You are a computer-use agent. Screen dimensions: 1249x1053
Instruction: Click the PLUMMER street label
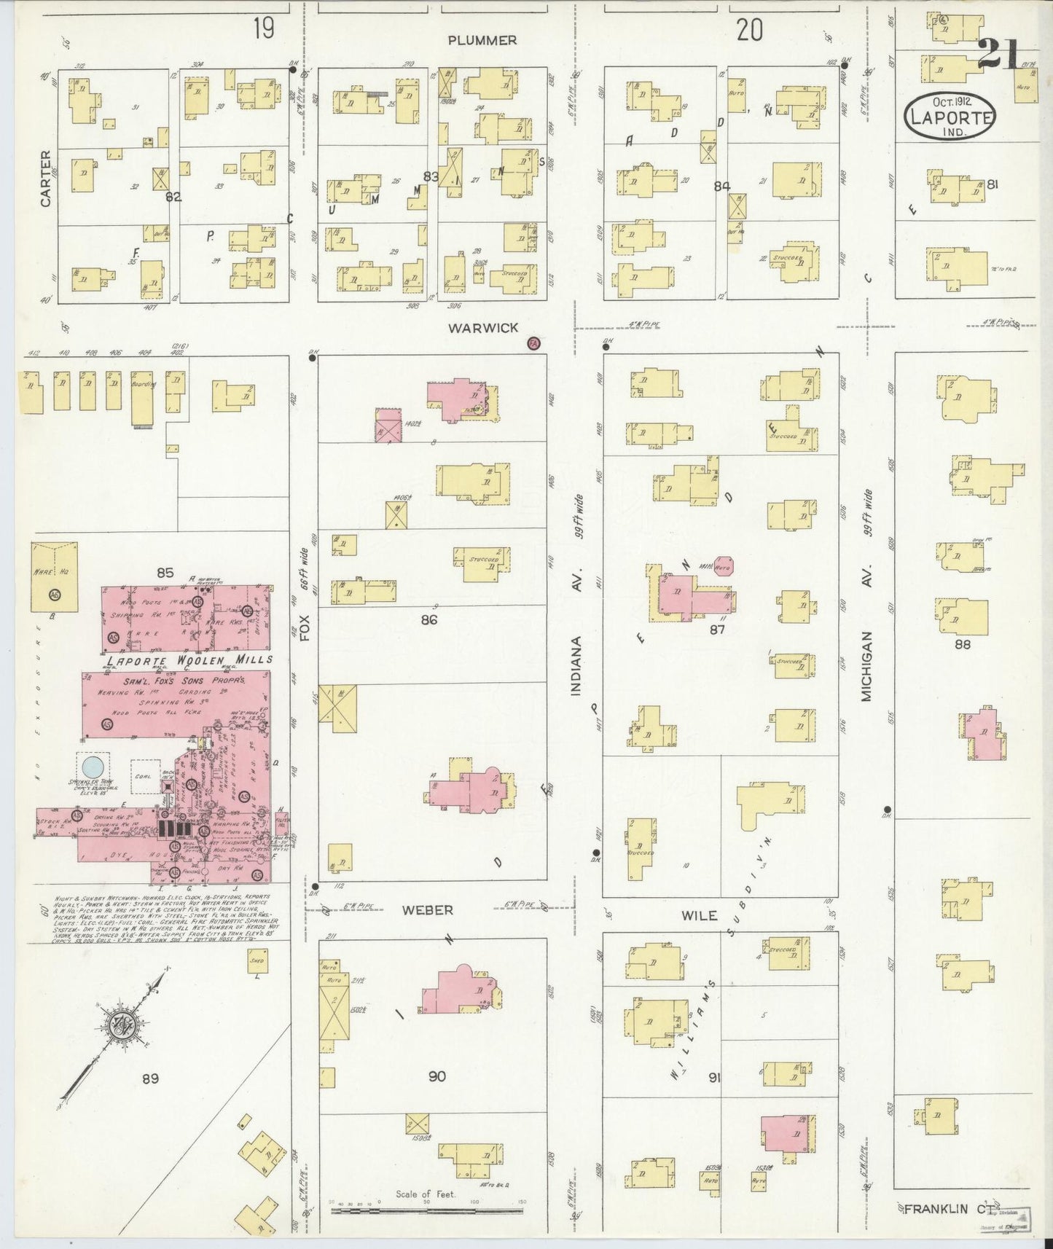point(482,40)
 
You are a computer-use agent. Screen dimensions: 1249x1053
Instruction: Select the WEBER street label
point(428,910)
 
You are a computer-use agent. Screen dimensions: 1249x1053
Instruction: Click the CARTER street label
point(46,179)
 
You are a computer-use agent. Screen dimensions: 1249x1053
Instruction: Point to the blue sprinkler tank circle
point(93,767)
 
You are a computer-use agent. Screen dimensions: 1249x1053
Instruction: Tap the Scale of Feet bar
point(426,1210)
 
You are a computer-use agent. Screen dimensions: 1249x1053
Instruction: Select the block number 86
point(429,620)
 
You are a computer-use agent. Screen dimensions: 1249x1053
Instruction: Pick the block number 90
point(437,1076)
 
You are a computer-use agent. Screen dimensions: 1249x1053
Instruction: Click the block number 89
point(150,1078)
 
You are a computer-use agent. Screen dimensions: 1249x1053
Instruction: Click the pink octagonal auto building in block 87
point(724,565)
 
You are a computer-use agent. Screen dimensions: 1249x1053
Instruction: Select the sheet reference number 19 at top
point(264,29)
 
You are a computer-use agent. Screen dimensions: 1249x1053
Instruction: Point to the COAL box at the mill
point(144,777)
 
